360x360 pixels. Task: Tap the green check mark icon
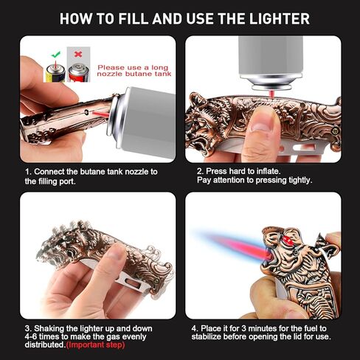pos(56,54)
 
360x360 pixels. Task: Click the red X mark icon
pos(78,54)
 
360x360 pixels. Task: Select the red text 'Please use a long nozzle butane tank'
pos(134,71)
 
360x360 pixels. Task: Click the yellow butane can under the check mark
pos(55,73)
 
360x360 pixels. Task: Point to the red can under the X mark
pos(79,72)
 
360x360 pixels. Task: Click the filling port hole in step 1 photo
pos(86,112)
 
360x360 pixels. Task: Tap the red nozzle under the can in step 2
pos(271,94)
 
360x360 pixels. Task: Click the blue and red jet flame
pos(235,244)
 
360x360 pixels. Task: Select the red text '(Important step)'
pos(96,345)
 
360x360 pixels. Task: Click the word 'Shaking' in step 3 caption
pos(49,329)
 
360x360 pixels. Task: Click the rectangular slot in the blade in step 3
pos(134,283)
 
